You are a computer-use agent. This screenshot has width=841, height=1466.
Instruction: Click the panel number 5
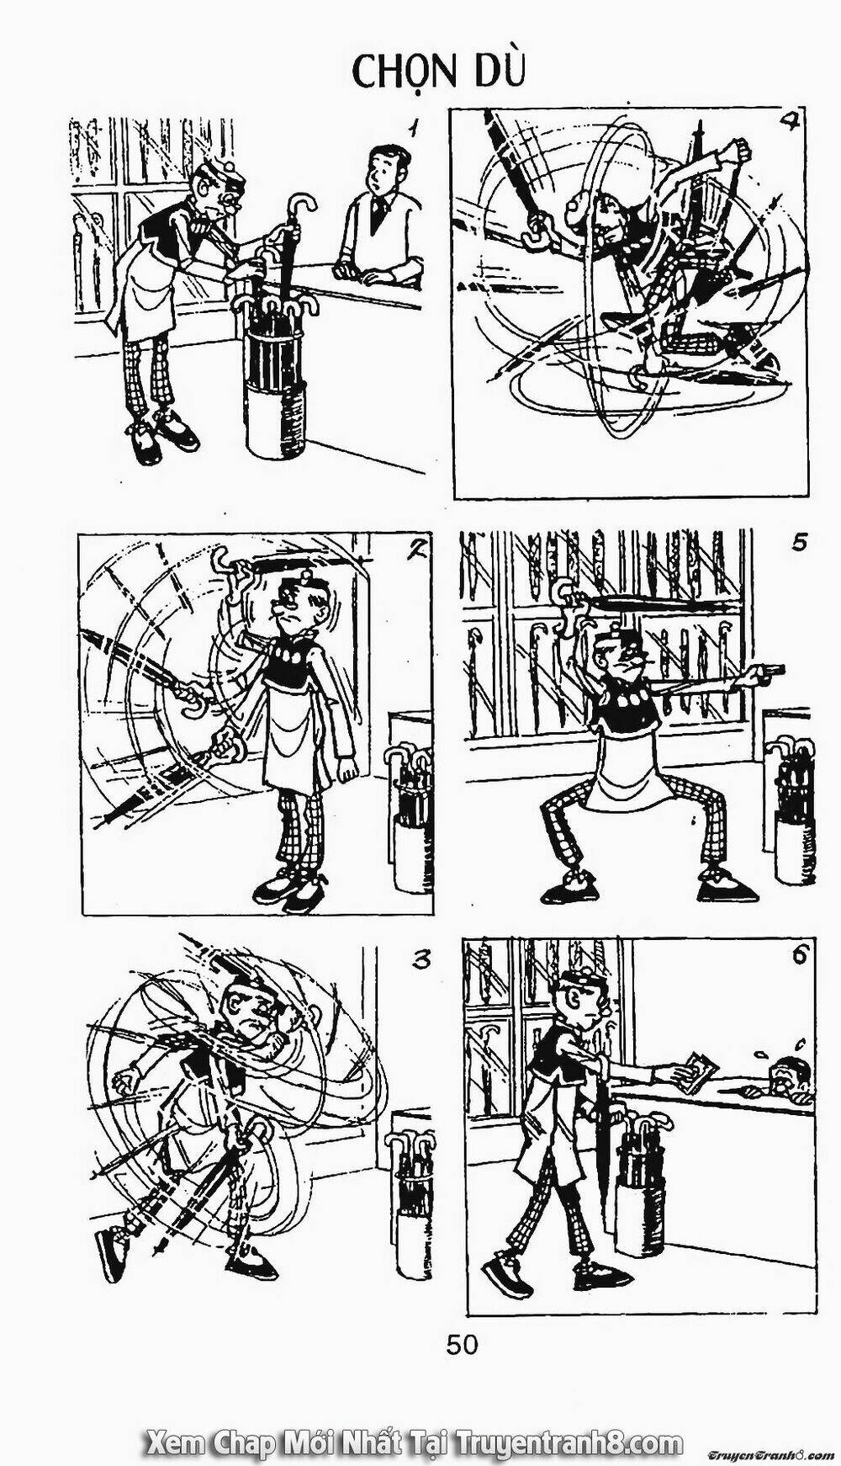point(799,542)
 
